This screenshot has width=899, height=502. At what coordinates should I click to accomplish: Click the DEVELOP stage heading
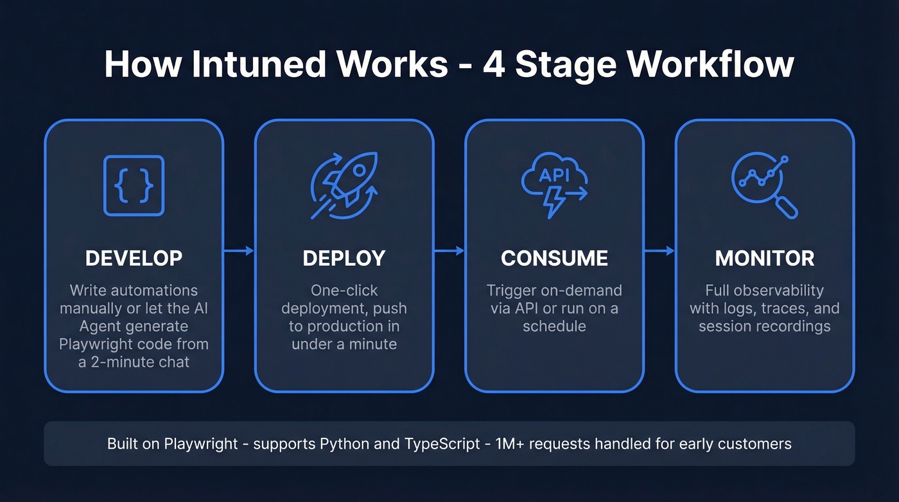tap(134, 258)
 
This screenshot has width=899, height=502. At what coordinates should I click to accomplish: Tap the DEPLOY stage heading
tap(344, 258)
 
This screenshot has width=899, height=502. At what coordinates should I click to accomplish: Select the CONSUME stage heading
tap(554, 258)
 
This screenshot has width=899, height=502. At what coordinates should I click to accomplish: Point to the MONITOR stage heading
tap(765, 258)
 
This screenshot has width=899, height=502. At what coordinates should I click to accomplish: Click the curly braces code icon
tap(134, 186)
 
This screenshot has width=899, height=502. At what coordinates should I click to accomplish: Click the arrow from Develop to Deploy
tap(239, 251)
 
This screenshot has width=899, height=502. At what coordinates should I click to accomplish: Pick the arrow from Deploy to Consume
tap(449, 251)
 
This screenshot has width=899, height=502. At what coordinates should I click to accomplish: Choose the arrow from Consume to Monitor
tap(659, 251)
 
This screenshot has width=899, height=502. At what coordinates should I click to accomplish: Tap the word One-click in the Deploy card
tap(344, 291)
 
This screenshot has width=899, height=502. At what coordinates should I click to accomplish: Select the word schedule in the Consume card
tap(554, 326)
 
